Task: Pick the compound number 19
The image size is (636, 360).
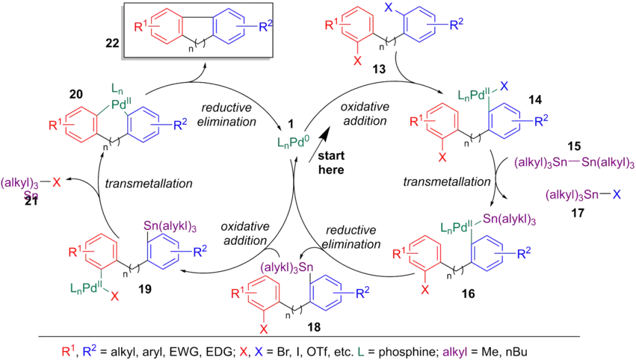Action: pyautogui.click(x=164, y=285)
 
